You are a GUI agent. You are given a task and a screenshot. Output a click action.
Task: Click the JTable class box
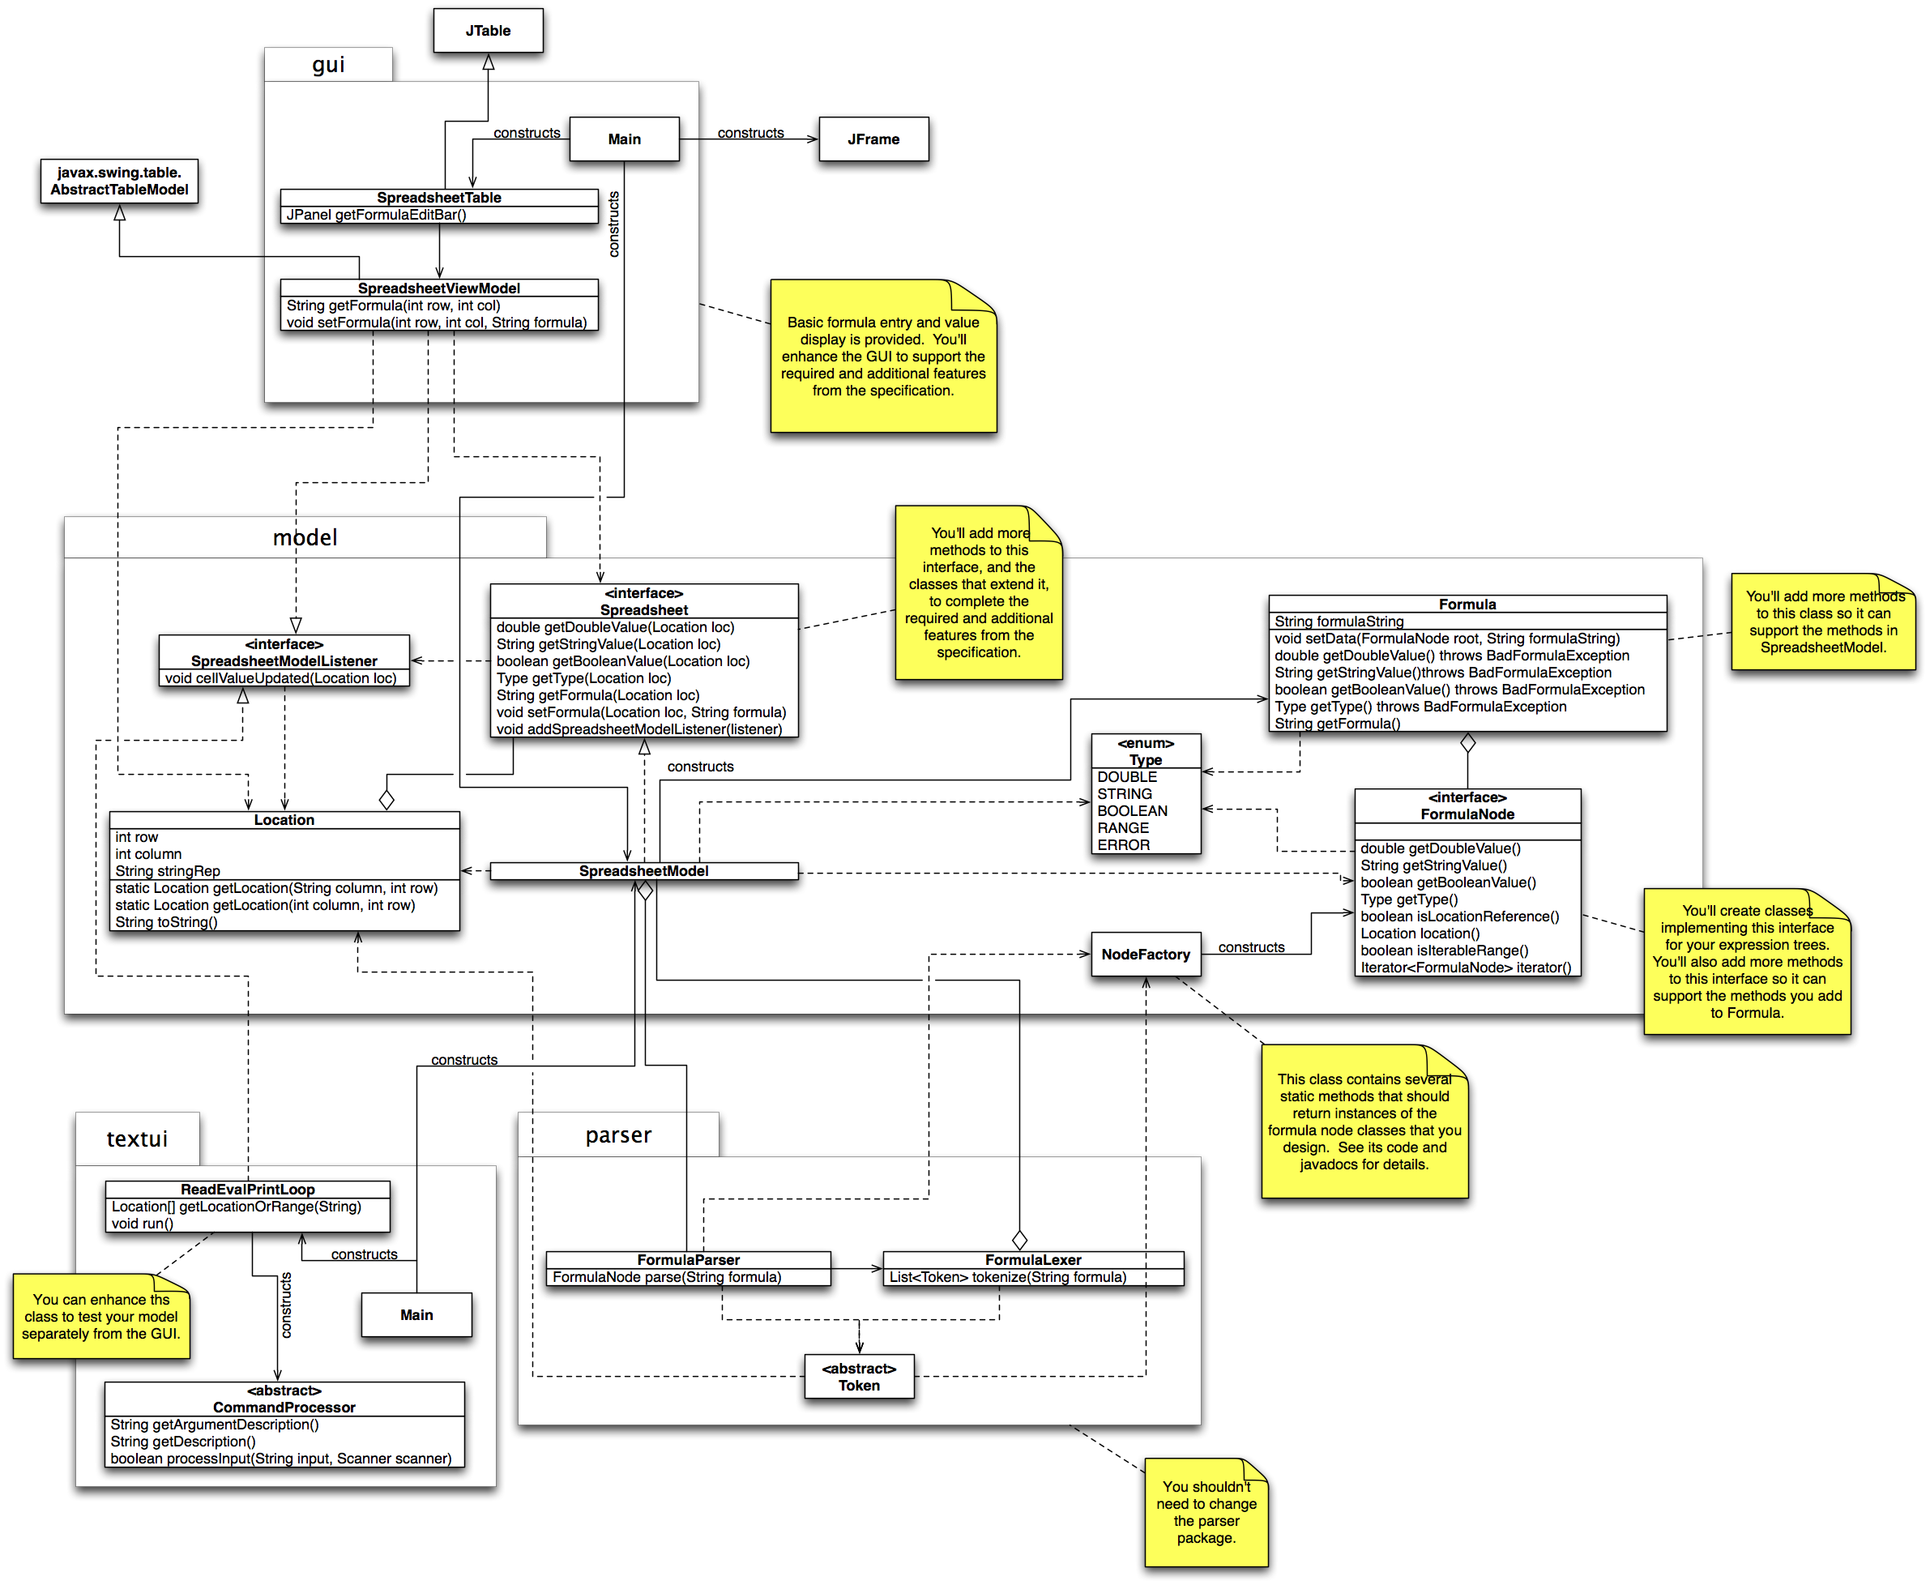pyautogui.click(x=488, y=31)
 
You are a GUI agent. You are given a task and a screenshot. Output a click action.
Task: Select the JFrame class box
pyautogui.click(x=873, y=139)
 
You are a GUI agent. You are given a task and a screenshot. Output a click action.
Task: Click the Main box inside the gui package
pyautogui.click(x=624, y=139)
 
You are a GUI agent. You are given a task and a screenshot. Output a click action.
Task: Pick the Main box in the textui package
pyautogui.click(x=416, y=1314)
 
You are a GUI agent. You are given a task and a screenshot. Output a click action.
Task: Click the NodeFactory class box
pyautogui.click(x=1145, y=954)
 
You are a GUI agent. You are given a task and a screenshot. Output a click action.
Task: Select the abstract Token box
pyautogui.click(x=858, y=1377)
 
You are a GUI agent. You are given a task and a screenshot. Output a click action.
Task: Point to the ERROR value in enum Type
pyautogui.click(x=1123, y=845)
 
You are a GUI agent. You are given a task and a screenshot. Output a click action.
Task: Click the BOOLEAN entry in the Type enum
pyautogui.click(x=1131, y=811)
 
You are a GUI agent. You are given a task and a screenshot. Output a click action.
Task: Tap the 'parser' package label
pyautogui.click(x=618, y=1135)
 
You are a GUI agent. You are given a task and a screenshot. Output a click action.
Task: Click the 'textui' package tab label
pyautogui.click(x=137, y=1139)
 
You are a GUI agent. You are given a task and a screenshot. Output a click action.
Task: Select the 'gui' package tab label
pyautogui.click(x=328, y=65)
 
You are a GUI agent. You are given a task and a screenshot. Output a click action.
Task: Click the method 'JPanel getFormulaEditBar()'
pyautogui.click(x=376, y=216)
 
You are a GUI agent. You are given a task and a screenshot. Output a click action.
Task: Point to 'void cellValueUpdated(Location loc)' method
pyautogui.click(x=280, y=678)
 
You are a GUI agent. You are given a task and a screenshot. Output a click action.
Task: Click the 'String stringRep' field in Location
pyautogui.click(x=167, y=871)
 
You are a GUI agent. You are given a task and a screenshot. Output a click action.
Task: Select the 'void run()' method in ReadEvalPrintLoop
pyautogui.click(x=143, y=1224)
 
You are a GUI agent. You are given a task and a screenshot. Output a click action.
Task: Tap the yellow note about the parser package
pyautogui.click(x=1205, y=1512)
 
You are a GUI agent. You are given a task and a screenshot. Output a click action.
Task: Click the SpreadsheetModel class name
pyautogui.click(x=643, y=871)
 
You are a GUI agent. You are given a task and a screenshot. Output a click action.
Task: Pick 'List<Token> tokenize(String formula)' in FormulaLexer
pyautogui.click(x=1007, y=1277)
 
